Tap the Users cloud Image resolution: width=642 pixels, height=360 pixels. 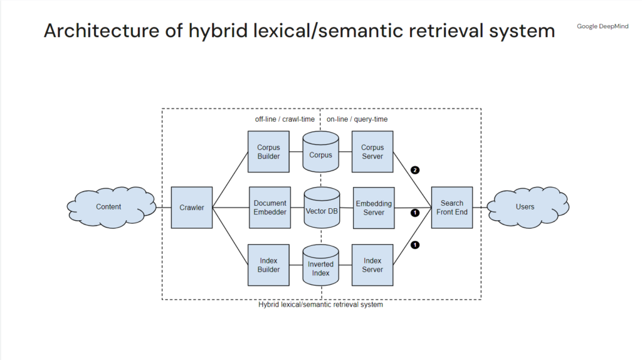click(525, 207)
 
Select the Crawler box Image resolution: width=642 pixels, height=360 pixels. click(192, 208)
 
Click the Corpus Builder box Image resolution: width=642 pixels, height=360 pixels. click(268, 152)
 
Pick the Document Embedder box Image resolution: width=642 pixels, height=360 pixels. click(270, 208)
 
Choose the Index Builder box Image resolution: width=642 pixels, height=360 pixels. click(268, 265)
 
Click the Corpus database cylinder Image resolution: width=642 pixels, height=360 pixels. click(320, 153)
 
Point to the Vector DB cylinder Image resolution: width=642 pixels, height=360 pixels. click(321, 211)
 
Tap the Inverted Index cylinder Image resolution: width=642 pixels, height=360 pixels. click(320, 268)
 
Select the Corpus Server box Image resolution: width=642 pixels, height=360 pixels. click(372, 152)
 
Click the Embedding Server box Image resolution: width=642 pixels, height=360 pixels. click(374, 208)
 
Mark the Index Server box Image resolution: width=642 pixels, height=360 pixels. click(372, 265)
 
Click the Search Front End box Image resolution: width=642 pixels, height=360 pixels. click(451, 208)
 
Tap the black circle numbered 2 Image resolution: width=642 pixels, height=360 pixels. click(414, 170)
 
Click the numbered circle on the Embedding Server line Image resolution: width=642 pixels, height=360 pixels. click(414, 213)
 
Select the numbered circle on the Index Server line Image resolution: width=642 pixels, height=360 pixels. click(414, 245)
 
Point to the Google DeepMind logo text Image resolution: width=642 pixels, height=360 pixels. click(602, 26)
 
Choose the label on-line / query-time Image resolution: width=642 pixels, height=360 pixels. click(357, 119)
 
